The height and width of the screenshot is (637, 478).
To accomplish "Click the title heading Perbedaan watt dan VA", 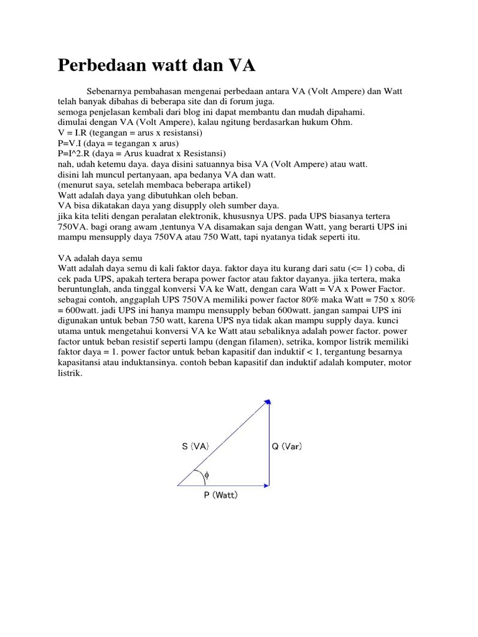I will pyautogui.click(x=156, y=66).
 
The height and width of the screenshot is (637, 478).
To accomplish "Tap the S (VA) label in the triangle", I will pyautogui.click(x=195, y=446).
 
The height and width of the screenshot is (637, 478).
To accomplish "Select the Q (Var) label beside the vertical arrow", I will pyautogui.click(x=287, y=446).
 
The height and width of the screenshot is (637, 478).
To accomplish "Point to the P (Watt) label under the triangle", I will pyautogui.click(x=220, y=496).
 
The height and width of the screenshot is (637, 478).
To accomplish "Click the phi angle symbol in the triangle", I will pyautogui.click(x=207, y=475).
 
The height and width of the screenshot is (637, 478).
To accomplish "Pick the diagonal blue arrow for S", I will pyautogui.click(x=223, y=442).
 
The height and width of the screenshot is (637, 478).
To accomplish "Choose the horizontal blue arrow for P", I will pyautogui.click(x=223, y=485).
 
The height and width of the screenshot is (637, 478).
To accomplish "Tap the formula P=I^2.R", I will pyautogui.click(x=72, y=154).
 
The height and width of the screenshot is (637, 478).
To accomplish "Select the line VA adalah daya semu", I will pyautogui.click(x=100, y=258).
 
